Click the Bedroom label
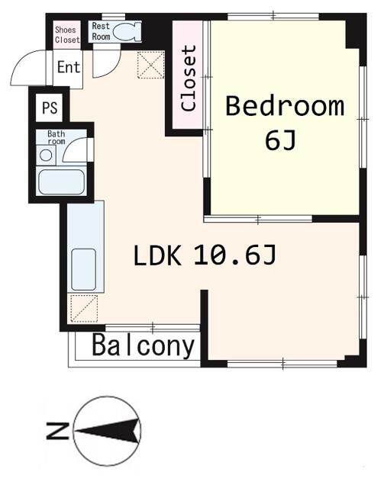tap(284, 106)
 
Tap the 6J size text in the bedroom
tap(279, 140)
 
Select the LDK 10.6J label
tap(204, 256)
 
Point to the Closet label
tap(189, 79)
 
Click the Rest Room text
tap(101, 30)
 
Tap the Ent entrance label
tap(68, 67)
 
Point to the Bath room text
tap(56, 137)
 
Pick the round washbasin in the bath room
tap(47, 155)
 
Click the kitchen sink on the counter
tap(83, 269)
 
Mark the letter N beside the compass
tap(54, 432)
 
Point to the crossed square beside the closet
tap(151, 64)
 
